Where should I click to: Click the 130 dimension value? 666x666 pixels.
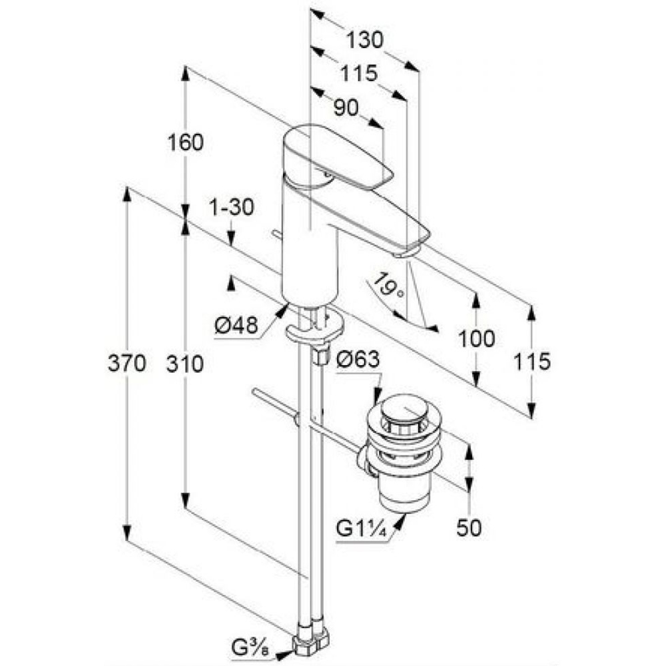364,40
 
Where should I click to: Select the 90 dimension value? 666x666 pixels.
346,107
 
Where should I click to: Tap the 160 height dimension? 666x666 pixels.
186,142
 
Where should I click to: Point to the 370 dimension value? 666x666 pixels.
127,364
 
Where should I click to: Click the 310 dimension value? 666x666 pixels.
184,364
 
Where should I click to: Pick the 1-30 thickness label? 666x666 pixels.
232,207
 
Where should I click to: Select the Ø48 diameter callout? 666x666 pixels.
236,326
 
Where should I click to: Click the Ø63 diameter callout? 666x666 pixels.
358,360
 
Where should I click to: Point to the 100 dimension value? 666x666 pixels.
477,338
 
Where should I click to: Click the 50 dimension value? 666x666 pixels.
469,528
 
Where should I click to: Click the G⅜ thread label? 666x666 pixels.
250,648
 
